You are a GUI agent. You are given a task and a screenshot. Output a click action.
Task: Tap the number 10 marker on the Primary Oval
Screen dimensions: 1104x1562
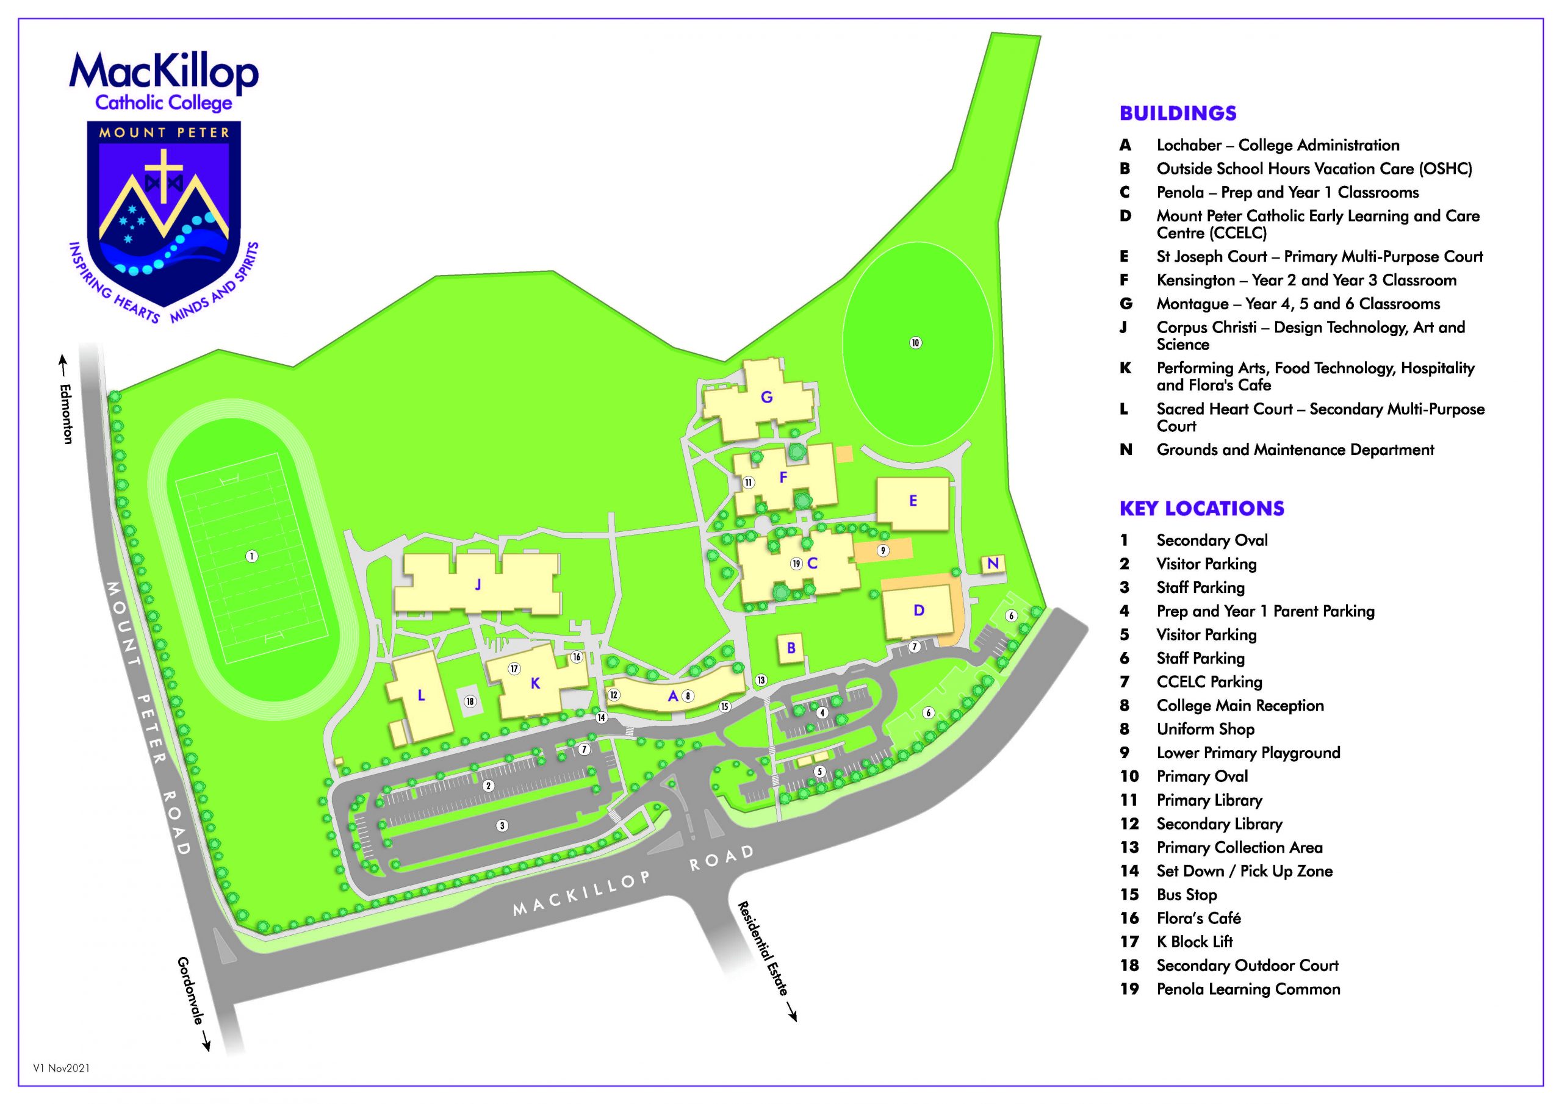pyautogui.click(x=915, y=343)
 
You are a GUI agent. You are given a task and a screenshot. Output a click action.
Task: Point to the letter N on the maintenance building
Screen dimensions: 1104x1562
pyautogui.click(x=993, y=563)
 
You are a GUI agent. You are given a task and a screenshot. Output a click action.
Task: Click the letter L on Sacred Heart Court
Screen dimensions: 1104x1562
pyautogui.click(x=421, y=695)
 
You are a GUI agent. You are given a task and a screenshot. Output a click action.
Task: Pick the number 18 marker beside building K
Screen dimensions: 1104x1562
pyautogui.click(x=469, y=701)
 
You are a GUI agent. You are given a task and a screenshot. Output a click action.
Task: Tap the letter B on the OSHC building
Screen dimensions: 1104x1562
pyautogui.click(x=791, y=648)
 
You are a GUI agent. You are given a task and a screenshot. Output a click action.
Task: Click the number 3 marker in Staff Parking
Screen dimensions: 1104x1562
pyautogui.click(x=502, y=826)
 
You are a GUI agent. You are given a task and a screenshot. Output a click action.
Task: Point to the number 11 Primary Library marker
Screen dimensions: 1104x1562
pyautogui.click(x=748, y=482)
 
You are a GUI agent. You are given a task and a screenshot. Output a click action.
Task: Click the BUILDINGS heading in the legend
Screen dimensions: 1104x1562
pyautogui.click(x=1178, y=113)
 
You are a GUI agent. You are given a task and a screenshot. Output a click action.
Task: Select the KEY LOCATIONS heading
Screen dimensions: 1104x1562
pyautogui.click(x=1201, y=508)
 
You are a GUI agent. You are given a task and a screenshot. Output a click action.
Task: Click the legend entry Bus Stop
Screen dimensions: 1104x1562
pyautogui.click(x=1187, y=895)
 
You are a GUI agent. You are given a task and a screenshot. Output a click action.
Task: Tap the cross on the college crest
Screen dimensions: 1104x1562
pyautogui.click(x=165, y=174)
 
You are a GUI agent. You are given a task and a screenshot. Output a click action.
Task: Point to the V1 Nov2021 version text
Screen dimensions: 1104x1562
pyautogui.click(x=61, y=1068)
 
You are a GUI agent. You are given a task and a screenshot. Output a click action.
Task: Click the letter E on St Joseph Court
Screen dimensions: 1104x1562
pyautogui.click(x=913, y=501)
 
